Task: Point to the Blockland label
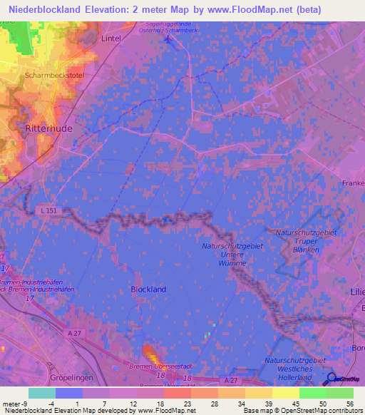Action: pyautogui.click(x=148, y=290)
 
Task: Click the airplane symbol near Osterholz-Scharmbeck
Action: pyautogui.click(x=168, y=39)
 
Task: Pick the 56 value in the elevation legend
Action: pyautogui.click(x=349, y=403)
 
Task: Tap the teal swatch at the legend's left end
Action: pyautogui.click(x=42, y=393)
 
